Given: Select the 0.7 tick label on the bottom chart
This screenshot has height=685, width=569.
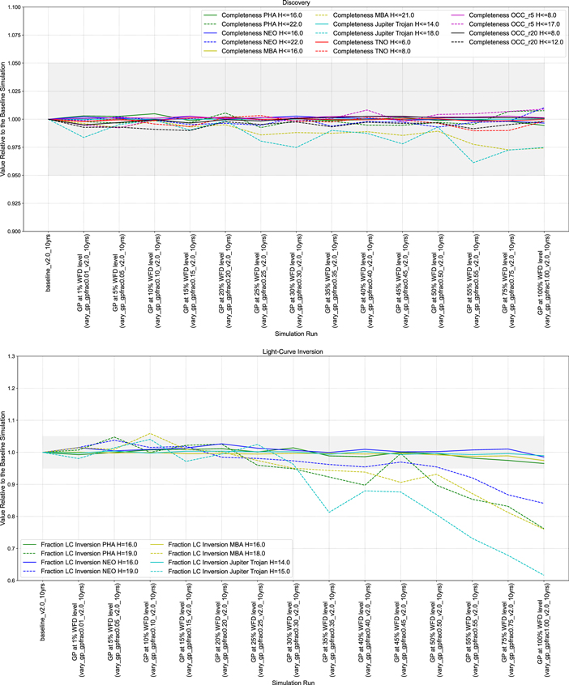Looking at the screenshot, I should (37, 549).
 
